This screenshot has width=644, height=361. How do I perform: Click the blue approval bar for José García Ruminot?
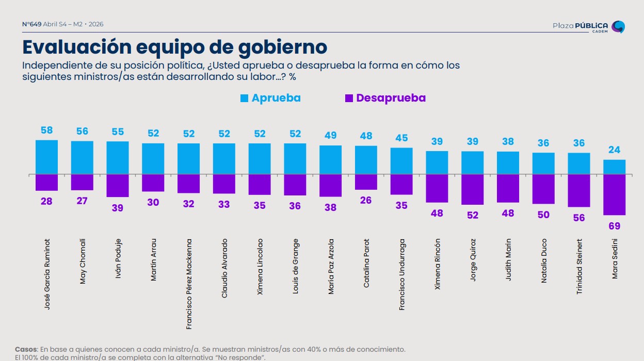(46, 157)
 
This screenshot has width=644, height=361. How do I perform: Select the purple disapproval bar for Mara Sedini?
(615, 194)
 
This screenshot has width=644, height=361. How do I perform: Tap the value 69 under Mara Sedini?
(615, 226)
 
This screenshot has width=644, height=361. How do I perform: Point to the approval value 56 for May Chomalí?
(82, 132)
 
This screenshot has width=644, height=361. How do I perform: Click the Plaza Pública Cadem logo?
(589, 27)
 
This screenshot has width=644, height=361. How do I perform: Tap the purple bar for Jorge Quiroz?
(472, 189)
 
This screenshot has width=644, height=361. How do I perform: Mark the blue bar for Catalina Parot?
(366, 160)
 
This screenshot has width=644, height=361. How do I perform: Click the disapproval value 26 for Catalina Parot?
(366, 200)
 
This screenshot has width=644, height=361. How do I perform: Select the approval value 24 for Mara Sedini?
(615, 151)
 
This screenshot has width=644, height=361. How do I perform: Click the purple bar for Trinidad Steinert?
(579, 190)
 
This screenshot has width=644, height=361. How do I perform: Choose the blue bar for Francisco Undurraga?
(401, 161)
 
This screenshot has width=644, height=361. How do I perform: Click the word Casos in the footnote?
(25, 349)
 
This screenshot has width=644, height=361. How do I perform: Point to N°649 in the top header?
(31, 24)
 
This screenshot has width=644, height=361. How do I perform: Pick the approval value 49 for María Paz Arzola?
(330, 136)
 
